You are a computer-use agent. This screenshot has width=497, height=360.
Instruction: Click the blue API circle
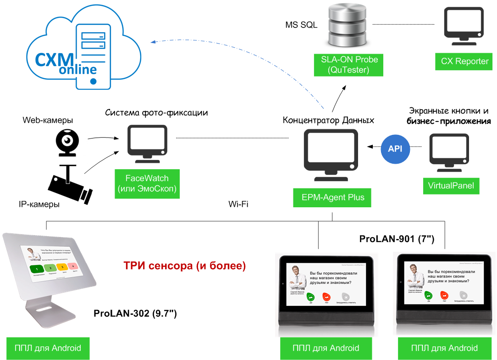(395, 149)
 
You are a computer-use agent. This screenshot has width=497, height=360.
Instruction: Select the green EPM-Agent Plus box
(333, 198)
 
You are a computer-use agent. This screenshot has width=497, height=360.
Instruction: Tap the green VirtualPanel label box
(451, 186)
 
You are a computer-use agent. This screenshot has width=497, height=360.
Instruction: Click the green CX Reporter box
(464, 61)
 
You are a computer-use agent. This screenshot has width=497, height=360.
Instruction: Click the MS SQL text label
(301, 25)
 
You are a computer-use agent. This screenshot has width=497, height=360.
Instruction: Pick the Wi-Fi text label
(238, 204)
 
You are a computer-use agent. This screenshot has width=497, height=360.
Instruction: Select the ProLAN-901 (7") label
(397, 239)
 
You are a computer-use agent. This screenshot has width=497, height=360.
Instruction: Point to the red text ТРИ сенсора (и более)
(185, 266)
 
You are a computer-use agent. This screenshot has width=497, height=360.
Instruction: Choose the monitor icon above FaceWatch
(147, 143)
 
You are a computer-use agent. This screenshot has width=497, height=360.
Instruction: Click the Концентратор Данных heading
(328, 121)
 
